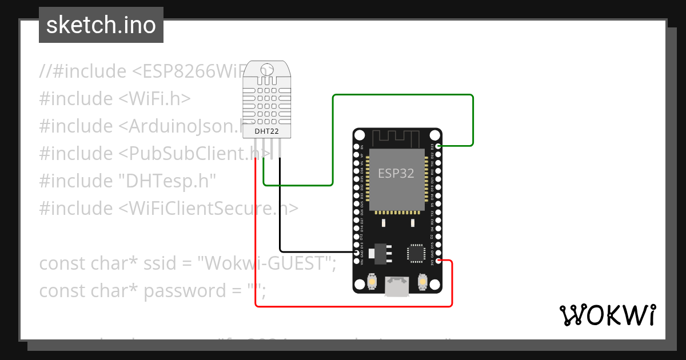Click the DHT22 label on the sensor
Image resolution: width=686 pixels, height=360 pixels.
[x=266, y=131]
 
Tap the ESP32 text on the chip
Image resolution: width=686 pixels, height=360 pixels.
[x=396, y=173]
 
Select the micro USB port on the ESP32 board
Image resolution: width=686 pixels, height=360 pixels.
[x=397, y=286]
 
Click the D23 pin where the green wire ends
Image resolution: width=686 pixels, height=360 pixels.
[x=438, y=146]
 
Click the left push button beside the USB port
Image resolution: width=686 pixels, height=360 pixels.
[x=372, y=282]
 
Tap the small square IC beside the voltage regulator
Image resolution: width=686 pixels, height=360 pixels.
[x=416, y=253]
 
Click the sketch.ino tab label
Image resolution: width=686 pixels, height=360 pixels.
[x=101, y=25]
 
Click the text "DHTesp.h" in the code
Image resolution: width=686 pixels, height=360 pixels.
[x=166, y=181]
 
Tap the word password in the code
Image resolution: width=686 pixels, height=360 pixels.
[x=185, y=291]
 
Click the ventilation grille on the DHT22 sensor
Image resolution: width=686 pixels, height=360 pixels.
[x=266, y=103]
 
